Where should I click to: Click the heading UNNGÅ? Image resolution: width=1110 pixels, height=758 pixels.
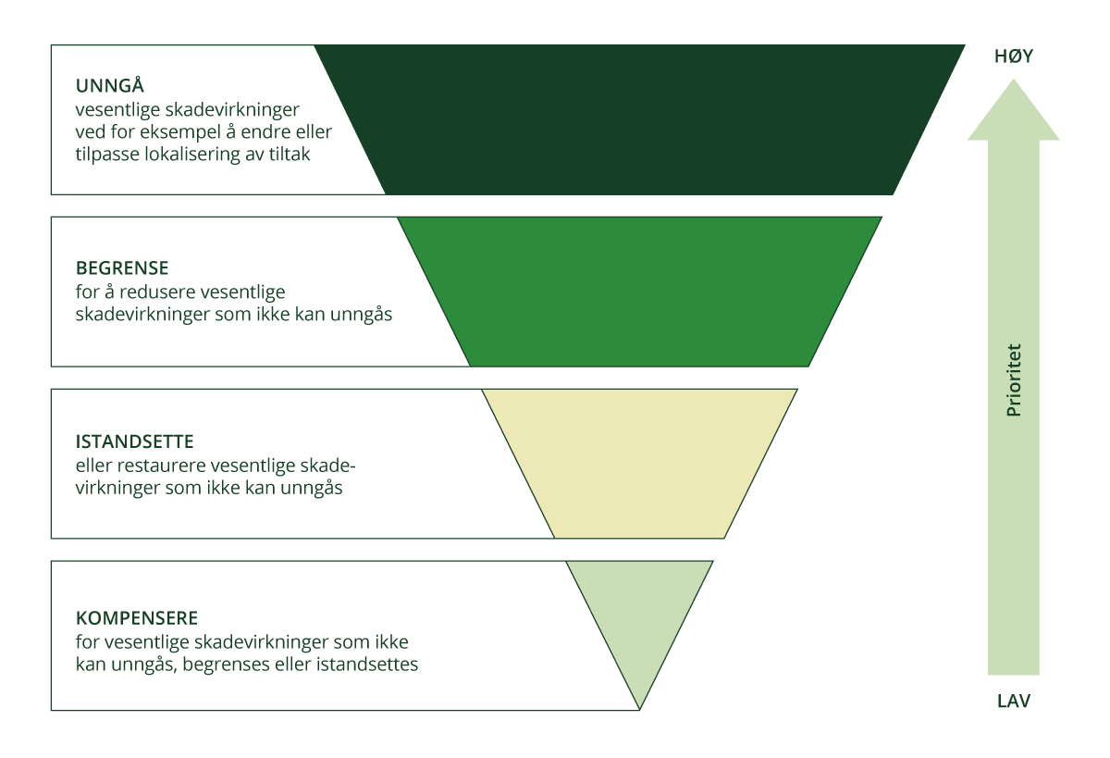point(110,86)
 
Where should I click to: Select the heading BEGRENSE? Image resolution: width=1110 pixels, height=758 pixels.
point(122,268)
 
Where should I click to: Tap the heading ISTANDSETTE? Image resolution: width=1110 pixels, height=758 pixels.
point(135,441)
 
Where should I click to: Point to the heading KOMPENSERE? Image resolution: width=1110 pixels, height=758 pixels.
point(137,617)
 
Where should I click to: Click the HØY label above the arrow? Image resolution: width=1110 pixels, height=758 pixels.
point(1013,56)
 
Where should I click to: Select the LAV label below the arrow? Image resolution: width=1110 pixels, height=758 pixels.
point(1014,701)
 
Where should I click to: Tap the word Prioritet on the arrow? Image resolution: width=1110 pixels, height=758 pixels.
point(1014,379)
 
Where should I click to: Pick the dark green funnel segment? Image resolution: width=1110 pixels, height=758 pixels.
point(638,119)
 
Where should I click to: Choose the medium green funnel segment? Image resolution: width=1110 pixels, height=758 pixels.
point(638,292)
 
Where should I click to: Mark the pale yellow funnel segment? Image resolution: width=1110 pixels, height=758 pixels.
point(638,463)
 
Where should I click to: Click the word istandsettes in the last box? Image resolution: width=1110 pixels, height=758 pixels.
point(372,665)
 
